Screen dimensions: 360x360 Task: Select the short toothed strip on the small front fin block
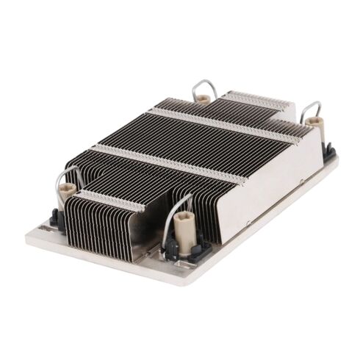point(110,198)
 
